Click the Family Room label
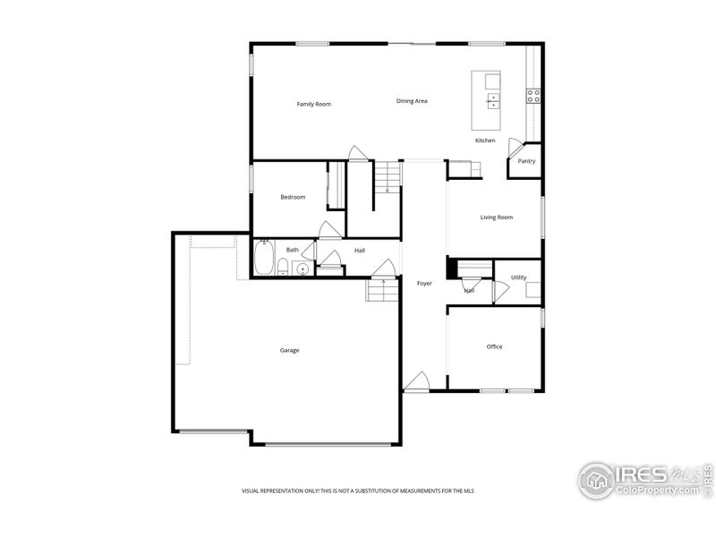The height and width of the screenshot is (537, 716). coord(313,105)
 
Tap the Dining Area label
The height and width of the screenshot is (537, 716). coord(412,101)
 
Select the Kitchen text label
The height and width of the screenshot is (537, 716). coord(485,141)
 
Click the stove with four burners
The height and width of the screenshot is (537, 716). coord(533,96)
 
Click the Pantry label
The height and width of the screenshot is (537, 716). coord(526,161)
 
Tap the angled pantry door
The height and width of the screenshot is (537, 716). coord(515,148)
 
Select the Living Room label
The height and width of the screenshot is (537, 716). coord(496,217)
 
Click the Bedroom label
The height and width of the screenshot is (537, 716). coord(293,197)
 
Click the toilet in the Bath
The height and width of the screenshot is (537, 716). coord(283,266)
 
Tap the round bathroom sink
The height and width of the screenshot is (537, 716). coord(303,268)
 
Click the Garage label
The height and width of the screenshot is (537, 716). coord(289,350)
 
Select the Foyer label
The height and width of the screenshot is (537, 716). coord(424,284)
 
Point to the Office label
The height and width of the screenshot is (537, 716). coord(494,346)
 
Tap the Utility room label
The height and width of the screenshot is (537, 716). coord(518,277)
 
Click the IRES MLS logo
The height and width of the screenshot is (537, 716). coord(643,479)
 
